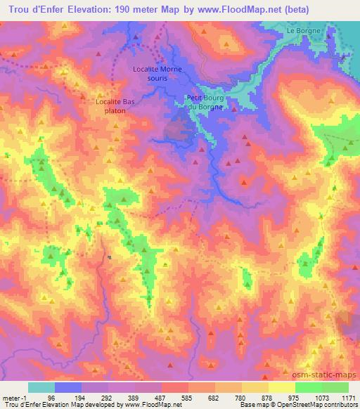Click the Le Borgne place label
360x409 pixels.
click(x=304, y=31)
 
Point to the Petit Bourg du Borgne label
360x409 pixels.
click(x=206, y=101)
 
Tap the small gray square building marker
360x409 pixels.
click(x=110, y=257)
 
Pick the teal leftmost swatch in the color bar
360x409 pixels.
click(x=41, y=387)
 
